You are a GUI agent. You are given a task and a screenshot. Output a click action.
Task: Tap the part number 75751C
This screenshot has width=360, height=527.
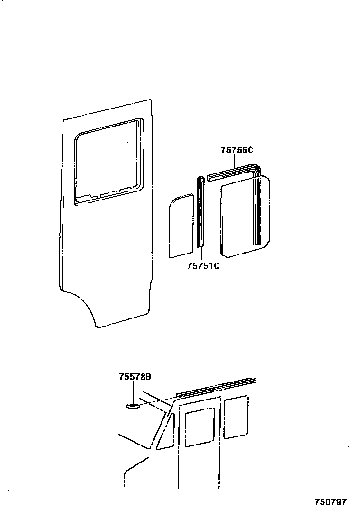coord(203,266)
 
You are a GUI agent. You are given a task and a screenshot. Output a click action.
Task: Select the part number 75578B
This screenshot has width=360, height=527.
coord(135,377)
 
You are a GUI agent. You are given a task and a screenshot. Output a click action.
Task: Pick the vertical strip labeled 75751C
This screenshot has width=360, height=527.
coord(200,213)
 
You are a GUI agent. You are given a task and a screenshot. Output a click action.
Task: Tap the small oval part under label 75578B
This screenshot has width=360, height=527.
coord(132,406)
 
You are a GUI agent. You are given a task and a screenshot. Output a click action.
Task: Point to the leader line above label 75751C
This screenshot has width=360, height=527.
coord(201,254)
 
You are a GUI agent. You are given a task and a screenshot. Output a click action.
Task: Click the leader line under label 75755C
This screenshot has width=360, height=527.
coord(235,161)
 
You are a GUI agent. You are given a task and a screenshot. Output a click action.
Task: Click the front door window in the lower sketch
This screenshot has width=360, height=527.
coord(199,428)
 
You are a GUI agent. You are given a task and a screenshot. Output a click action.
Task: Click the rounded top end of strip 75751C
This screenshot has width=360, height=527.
coord(200,179)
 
